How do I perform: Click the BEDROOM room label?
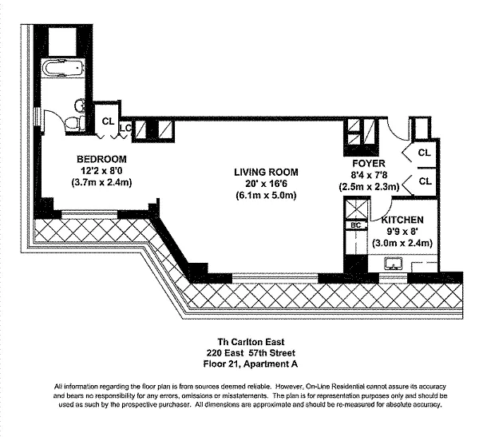(x=101, y=159)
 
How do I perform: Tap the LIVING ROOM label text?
(x=266, y=173)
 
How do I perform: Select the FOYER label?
(x=369, y=163)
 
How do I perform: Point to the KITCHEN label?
(x=402, y=220)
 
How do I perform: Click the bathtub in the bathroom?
(x=62, y=67)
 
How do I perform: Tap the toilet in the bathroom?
(x=75, y=124)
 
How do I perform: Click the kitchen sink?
(x=394, y=264)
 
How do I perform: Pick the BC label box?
(x=356, y=225)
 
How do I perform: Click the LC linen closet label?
(x=125, y=128)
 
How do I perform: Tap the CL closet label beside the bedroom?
(x=108, y=121)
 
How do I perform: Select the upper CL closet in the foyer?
(x=424, y=153)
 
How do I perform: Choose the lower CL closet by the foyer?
(x=426, y=181)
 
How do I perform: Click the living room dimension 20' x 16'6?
(x=266, y=184)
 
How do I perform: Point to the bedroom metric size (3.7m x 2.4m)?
(x=101, y=183)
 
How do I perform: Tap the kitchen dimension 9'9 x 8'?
(x=402, y=232)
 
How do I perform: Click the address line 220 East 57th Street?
(x=251, y=353)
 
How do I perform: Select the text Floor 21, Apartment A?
(x=251, y=364)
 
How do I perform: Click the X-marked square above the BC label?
(x=356, y=209)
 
